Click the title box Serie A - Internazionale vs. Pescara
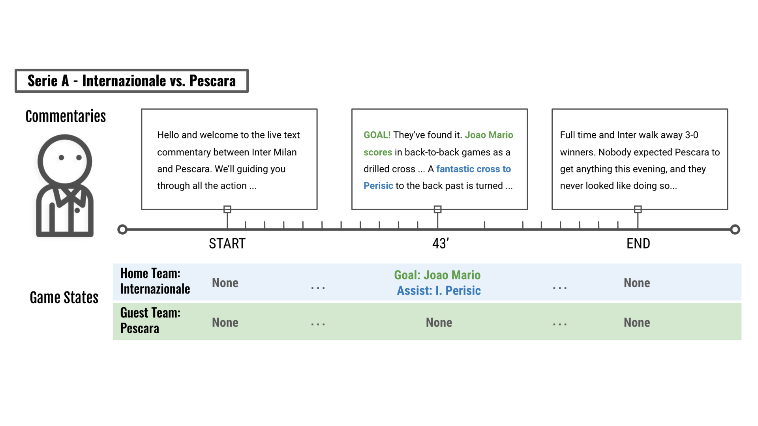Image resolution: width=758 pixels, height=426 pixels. [x=131, y=81]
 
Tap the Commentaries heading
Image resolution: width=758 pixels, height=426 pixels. [x=66, y=116]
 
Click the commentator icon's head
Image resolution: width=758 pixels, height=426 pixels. [x=65, y=161]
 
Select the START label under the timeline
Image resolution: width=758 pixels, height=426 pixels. [x=227, y=243]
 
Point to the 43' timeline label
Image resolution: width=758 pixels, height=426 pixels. [x=441, y=243]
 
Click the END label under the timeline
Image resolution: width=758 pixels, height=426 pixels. [x=638, y=243]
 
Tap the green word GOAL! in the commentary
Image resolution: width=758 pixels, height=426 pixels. [x=377, y=135]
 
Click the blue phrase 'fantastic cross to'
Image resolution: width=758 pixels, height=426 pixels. [x=473, y=169]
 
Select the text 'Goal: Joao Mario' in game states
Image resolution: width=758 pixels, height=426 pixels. [x=437, y=275]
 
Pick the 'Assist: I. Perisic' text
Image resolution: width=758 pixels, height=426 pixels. [x=439, y=291]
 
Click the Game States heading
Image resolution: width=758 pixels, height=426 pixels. [x=64, y=297]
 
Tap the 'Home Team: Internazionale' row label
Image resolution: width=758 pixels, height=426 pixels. [x=155, y=281]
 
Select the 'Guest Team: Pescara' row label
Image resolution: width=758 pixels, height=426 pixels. [x=150, y=320]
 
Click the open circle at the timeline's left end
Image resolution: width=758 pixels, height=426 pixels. [x=122, y=230]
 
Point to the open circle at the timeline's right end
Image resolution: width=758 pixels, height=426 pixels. [x=735, y=230]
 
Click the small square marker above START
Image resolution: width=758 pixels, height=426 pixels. [x=227, y=209]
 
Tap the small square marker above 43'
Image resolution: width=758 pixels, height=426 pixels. [x=437, y=209]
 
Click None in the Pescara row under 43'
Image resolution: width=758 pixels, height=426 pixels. [x=439, y=323]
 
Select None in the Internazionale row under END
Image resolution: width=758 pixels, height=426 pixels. [x=637, y=283]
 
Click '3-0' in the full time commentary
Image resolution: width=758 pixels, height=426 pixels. [x=691, y=135]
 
